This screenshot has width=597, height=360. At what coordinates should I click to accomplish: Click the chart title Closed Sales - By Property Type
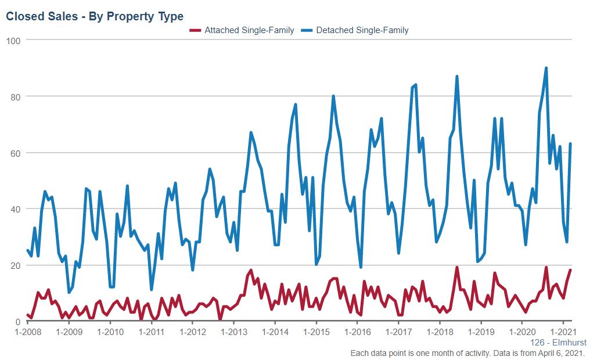(95, 16)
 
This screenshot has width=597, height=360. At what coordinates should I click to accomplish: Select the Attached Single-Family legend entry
(249, 30)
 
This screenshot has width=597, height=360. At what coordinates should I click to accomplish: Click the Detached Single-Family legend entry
(362, 30)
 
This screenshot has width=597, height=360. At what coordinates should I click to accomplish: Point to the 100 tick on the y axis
(13, 40)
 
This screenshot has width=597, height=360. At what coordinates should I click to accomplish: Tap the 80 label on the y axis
(16, 96)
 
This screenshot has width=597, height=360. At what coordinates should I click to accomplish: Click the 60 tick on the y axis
(16, 153)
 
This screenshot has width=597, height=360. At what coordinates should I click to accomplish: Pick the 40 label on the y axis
(16, 209)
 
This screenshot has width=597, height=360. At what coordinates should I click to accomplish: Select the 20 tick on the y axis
(16, 265)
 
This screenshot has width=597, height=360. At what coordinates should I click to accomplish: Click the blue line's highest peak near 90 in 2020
(546, 68)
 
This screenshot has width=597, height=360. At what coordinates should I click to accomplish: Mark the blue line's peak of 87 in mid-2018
(457, 76)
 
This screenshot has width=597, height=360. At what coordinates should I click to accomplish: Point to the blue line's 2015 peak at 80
(333, 96)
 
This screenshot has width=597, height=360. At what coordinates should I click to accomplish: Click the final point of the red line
(570, 270)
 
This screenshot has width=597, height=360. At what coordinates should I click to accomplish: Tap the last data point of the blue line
(570, 143)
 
